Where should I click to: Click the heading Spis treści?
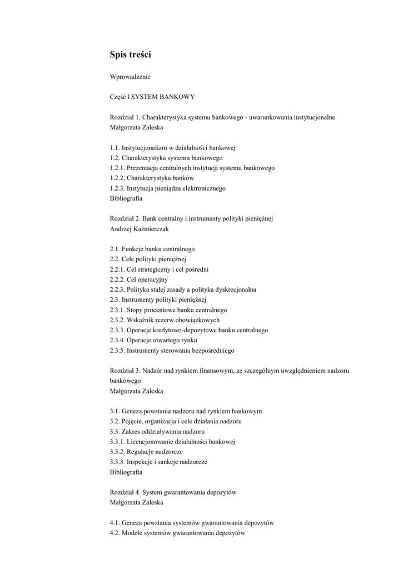pyautogui.click(x=130, y=54)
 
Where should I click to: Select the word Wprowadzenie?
pyautogui.click(x=130, y=76)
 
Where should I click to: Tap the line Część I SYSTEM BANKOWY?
pyautogui.click(x=152, y=97)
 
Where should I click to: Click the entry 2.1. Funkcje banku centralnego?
pyautogui.click(x=152, y=249)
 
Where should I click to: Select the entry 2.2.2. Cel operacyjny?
pyautogui.click(x=138, y=279)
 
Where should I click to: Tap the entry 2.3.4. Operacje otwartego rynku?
pyautogui.click(x=153, y=340)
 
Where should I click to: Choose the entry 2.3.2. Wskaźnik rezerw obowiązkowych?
pyautogui.click(x=165, y=320)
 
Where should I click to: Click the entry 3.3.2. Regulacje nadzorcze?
pyautogui.click(x=146, y=452)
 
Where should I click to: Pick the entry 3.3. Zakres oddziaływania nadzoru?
pyautogui.click(x=157, y=432)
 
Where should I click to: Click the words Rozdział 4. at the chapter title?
pyautogui.click(x=125, y=492)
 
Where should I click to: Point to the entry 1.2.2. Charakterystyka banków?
pyautogui.click(x=152, y=178)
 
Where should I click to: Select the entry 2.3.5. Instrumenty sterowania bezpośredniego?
pyautogui.click(x=172, y=351)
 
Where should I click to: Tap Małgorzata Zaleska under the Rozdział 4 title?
pyautogui.click(x=136, y=502)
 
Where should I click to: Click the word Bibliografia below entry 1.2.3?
pyautogui.click(x=126, y=198)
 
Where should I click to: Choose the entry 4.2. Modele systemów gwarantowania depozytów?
pyautogui.click(x=177, y=533)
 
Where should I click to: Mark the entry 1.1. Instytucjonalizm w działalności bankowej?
pyautogui.click(x=173, y=147)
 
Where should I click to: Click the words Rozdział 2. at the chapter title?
pyautogui.click(x=125, y=218)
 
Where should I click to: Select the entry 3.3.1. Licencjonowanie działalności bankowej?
pyautogui.click(x=173, y=442)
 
